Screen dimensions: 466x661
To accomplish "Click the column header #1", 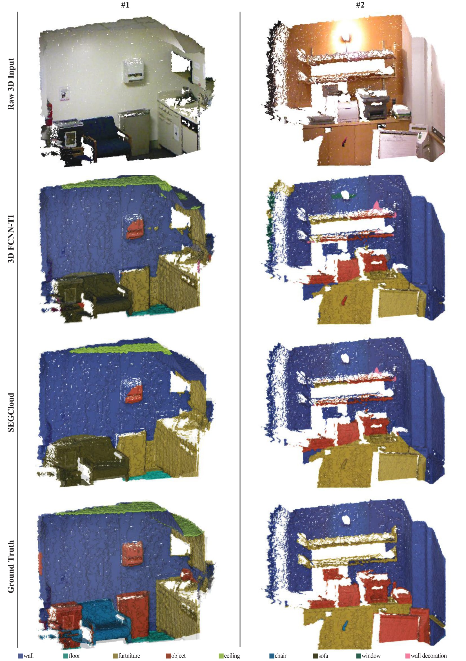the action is tap(125, 5).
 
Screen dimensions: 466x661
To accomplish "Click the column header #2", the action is tap(360, 5).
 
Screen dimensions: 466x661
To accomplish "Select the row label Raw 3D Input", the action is tap(11, 84).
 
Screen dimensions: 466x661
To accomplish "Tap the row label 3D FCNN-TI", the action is tap(11, 239).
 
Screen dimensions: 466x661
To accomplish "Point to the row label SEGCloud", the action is tap(11, 412).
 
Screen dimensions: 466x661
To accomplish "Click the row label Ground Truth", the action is tap(11, 567).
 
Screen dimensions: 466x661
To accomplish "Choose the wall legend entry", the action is tap(26, 656).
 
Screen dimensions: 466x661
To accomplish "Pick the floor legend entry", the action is tap(72, 656).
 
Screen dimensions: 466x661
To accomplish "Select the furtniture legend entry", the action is tap(127, 656).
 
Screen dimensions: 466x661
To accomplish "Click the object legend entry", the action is tap(176, 656).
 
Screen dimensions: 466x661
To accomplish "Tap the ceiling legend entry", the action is tap(229, 656).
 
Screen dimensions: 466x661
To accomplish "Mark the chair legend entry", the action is tap(278, 656).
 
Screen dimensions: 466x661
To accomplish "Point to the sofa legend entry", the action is tap(321, 656).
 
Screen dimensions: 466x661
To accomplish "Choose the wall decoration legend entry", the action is tap(426, 656).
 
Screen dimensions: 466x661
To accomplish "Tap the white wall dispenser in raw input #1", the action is tap(133, 70).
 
